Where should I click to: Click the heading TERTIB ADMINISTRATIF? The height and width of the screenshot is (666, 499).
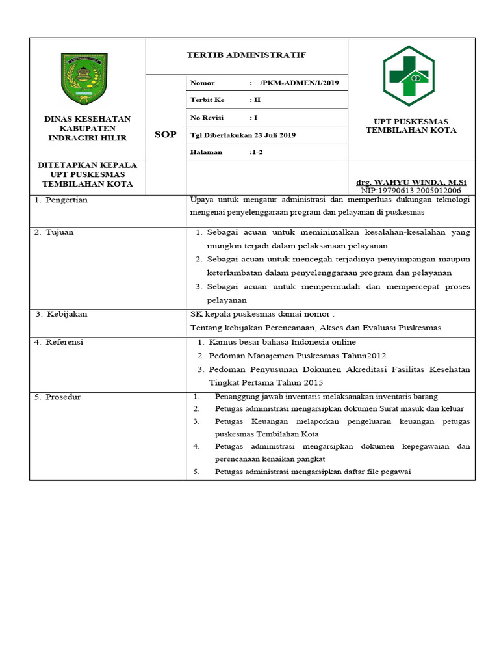(246, 55)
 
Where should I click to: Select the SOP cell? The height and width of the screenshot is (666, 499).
(165, 135)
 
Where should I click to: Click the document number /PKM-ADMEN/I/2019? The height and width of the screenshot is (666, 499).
(294, 83)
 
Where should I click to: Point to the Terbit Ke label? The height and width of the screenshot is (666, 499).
(207, 100)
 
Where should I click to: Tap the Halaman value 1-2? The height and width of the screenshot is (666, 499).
(257, 152)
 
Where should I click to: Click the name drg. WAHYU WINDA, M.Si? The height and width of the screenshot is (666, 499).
(411, 182)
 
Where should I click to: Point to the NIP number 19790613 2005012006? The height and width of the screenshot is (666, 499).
(411, 191)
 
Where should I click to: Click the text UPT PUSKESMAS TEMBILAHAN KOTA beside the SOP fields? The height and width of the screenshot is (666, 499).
(411, 126)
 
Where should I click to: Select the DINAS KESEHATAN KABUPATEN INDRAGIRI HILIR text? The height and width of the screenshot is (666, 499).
(87, 128)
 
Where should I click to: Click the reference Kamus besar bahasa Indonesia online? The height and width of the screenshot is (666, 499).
(282, 342)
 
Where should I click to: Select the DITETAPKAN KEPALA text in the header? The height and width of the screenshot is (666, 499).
(87, 165)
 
